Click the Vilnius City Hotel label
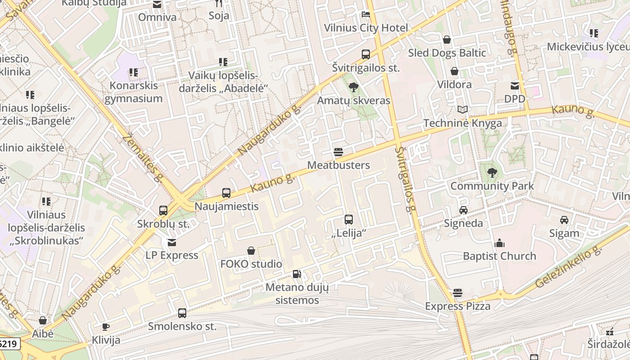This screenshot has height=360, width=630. pos(366,28)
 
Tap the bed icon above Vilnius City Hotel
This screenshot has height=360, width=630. pos(366,14)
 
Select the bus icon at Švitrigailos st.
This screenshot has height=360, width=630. pos(366,54)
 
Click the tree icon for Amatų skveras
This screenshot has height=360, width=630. pos(354,87)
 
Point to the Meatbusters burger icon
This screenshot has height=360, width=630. pos(338,152)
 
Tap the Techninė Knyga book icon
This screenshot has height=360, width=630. pos(463,109)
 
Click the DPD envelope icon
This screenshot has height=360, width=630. pos(515,85)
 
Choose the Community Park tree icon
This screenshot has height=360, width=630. pos(492,172)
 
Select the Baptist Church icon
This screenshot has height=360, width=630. pos(499,243)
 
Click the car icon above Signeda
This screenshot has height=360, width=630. pos(463,210)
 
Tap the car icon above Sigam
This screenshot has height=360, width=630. pos(564,220)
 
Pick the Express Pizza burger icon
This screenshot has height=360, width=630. pos(458,293)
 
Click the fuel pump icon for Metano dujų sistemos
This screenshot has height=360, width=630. pos(297,274)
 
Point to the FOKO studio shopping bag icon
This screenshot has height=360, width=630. pos(251,251)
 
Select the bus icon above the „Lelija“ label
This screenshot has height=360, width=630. pos(349,220)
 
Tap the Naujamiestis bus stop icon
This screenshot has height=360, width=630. pos(226,193)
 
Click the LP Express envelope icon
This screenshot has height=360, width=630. pos(172,242)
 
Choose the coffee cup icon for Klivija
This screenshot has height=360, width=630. pos(106,327)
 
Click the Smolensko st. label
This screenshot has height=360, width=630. pos(182,326)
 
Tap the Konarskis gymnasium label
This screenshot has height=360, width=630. pos(134,92)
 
